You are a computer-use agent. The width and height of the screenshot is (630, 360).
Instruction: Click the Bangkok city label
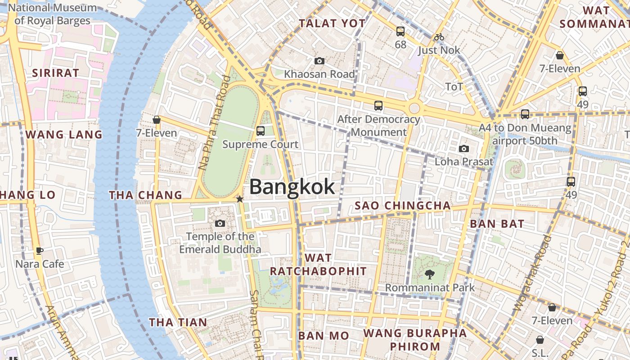[x=292, y=187]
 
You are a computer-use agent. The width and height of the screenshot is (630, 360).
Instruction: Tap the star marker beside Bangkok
[x=240, y=199]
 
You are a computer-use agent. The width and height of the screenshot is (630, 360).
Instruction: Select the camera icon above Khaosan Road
[x=319, y=61]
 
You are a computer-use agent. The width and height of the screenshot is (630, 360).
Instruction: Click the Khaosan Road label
[x=319, y=74]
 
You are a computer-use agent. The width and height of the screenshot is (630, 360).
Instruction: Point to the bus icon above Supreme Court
[x=260, y=131]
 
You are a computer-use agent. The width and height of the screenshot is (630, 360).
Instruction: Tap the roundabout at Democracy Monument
[x=414, y=108]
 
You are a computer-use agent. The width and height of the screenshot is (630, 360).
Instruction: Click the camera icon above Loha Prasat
[x=463, y=148]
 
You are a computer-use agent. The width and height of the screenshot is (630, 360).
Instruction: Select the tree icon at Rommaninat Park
[x=430, y=274]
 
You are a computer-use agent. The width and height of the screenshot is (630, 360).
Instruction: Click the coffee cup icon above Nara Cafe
[x=40, y=251]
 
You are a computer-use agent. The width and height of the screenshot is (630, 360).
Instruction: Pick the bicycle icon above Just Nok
[x=439, y=37]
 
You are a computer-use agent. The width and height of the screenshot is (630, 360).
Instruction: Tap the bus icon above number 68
[x=400, y=31]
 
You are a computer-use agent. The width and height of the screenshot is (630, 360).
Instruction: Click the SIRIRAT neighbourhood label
[x=56, y=72]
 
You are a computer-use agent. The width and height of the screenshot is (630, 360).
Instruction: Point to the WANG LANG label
[x=64, y=135]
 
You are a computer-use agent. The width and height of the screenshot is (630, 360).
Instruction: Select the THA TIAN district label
[x=178, y=322]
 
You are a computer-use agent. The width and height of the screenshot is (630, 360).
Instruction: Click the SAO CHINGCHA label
[x=402, y=206]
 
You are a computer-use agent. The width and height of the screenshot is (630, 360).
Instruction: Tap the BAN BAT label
[x=497, y=224]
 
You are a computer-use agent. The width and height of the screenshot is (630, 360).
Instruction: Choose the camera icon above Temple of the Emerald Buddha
[x=220, y=223]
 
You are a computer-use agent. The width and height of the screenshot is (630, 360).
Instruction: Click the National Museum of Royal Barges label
[x=53, y=14]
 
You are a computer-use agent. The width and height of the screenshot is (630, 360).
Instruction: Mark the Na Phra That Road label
[x=214, y=123]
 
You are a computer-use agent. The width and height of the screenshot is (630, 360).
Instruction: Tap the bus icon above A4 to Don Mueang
[x=525, y=114]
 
